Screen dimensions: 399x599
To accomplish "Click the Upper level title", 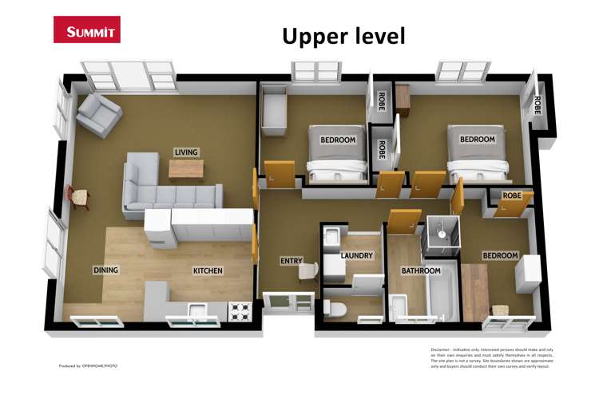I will (x=343, y=36).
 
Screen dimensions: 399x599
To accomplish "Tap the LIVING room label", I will (x=186, y=152).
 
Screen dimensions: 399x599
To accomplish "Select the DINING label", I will (x=105, y=271).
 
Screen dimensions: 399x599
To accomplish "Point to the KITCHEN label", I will (x=208, y=271).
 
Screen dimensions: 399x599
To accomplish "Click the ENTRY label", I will (x=291, y=261).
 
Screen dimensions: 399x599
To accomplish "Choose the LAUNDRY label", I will (x=356, y=256).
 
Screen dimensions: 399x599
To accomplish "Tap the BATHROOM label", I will (x=421, y=271).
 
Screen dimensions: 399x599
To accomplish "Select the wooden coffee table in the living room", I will (x=186, y=169).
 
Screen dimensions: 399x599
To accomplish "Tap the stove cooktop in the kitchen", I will (x=240, y=310).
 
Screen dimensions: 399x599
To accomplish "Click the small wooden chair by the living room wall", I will (x=80, y=196).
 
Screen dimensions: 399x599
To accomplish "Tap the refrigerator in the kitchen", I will (x=157, y=231).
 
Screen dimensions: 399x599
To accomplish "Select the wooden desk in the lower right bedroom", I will (x=474, y=291).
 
